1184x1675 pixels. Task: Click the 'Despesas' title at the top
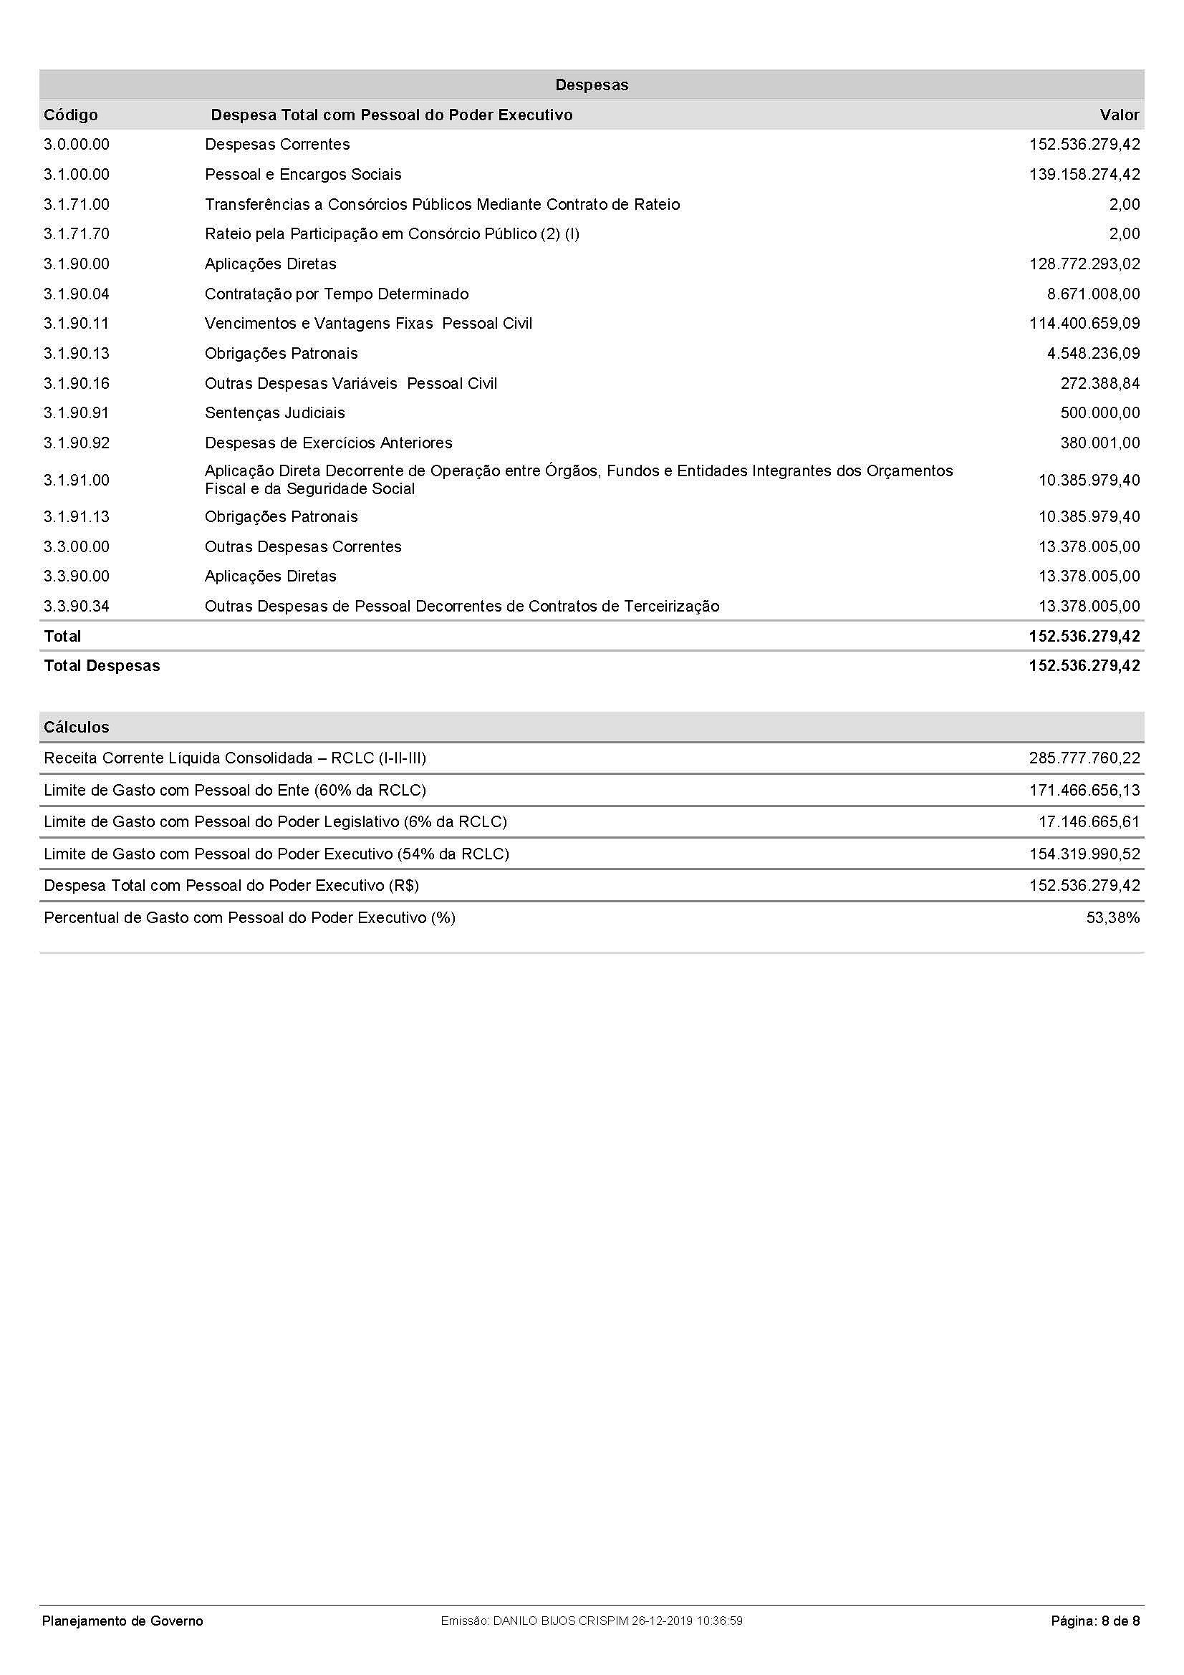592,85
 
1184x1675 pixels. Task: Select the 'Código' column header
71,115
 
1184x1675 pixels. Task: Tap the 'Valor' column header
1119,115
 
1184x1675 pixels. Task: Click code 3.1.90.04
77,294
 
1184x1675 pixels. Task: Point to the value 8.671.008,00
1093,294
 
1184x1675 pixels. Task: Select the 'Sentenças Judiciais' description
275,413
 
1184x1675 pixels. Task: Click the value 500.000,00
1099,413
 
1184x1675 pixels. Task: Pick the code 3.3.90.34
77,607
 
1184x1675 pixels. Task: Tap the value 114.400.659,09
1084,323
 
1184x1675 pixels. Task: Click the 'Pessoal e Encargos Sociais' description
303,174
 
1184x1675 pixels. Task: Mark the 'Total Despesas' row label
102,665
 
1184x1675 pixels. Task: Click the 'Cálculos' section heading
77,728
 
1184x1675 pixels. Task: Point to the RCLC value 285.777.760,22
1084,758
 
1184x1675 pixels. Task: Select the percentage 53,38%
1112,918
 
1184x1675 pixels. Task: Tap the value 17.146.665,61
1089,822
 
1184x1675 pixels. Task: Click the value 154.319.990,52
1084,854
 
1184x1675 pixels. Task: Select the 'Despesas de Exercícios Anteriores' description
328,443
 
